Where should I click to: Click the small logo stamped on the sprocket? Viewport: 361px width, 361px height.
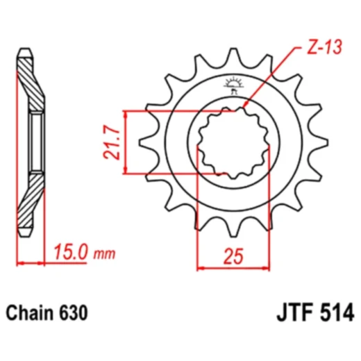231,87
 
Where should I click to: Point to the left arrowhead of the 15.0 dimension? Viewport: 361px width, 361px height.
20,263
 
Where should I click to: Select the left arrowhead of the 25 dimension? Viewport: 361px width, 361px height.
201,266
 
